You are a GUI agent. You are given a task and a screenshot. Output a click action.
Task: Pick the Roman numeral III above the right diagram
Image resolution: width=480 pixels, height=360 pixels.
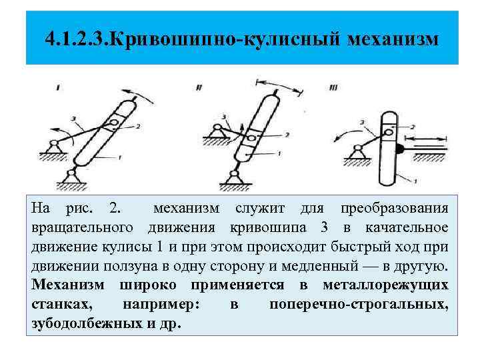(333, 87)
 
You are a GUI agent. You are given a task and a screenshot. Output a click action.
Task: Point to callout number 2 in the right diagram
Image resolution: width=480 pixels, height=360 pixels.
(413, 126)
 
